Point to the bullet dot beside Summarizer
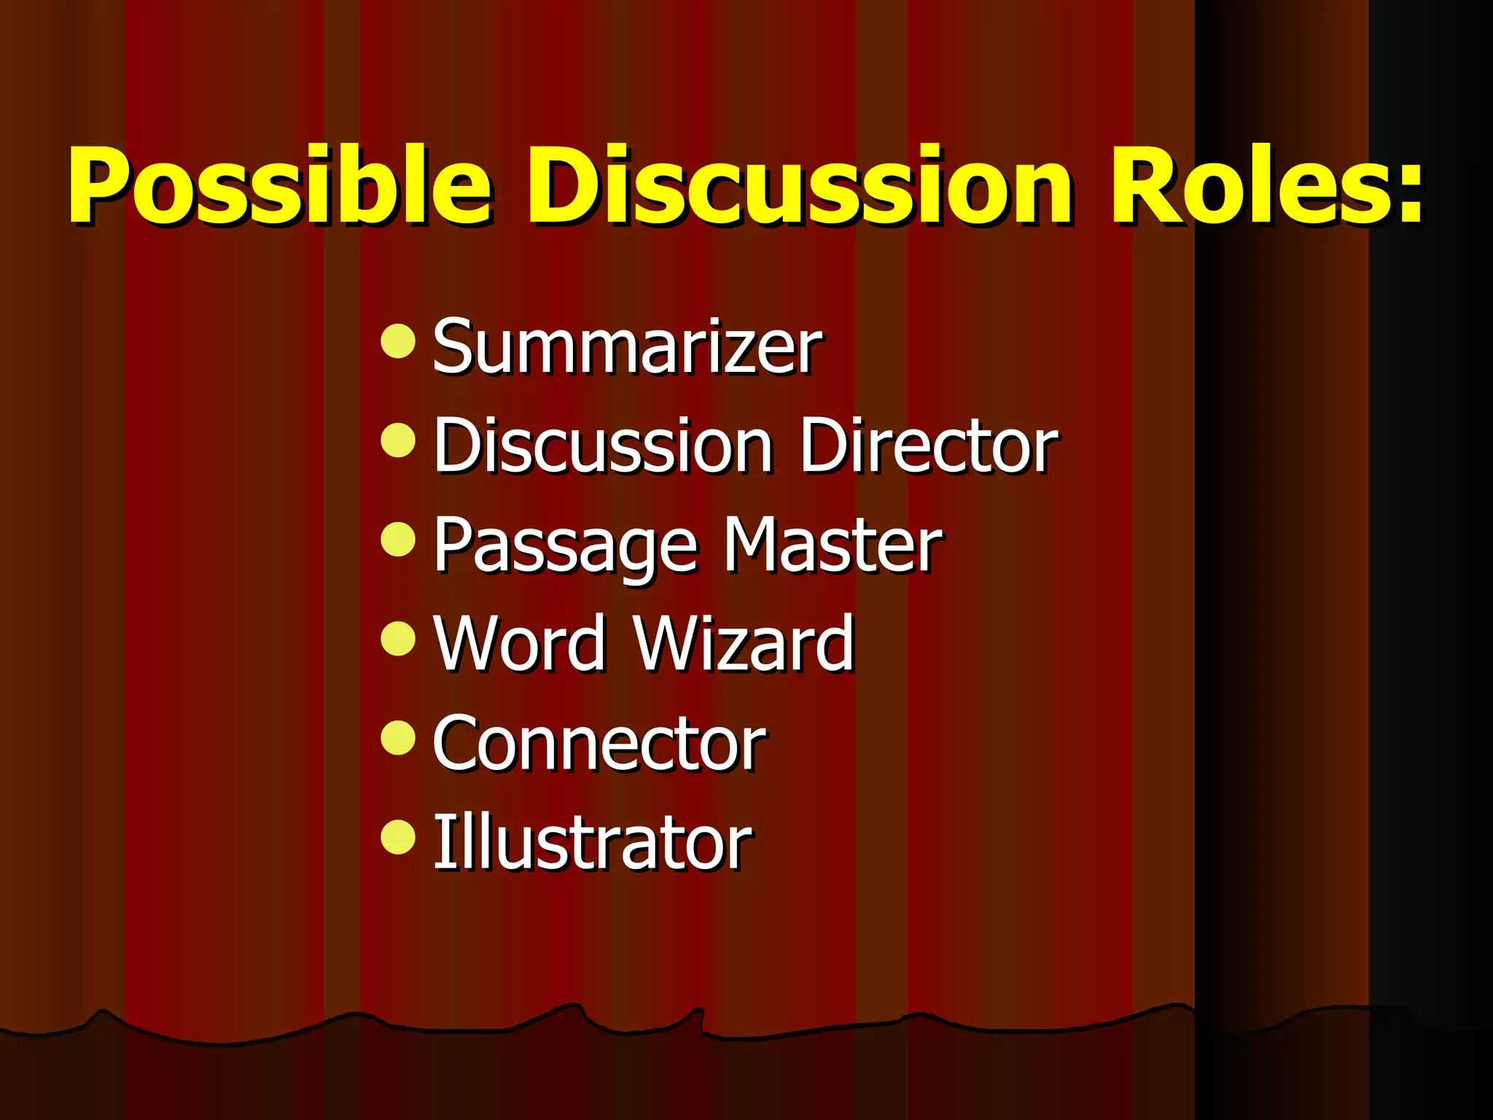[398, 341]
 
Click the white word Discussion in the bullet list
[603, 446]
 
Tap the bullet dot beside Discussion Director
[398, 440]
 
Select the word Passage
[566, 546]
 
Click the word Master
[832, 545]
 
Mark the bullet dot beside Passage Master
[398, 540]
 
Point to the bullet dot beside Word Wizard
[398, 639]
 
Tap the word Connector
[599, 743]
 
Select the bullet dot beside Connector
[398, 738]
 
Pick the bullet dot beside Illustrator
[398, 836]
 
